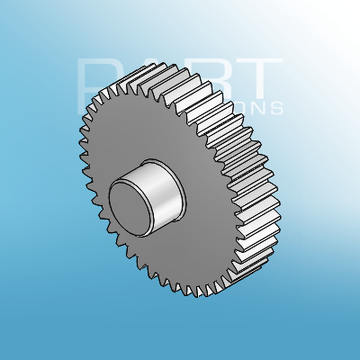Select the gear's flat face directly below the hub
tap(171, 261)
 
